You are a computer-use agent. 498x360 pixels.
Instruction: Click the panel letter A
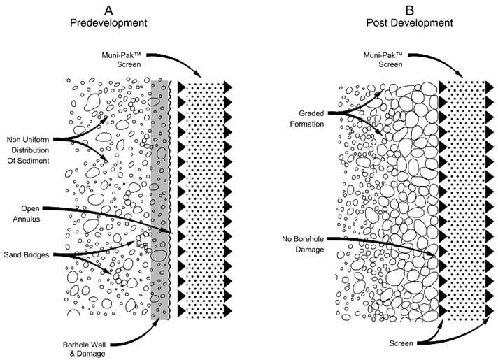(x=108, y=9)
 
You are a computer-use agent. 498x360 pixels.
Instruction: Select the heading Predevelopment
(x=108, y=22)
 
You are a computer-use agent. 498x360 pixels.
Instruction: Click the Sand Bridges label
(x=27, y=254)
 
